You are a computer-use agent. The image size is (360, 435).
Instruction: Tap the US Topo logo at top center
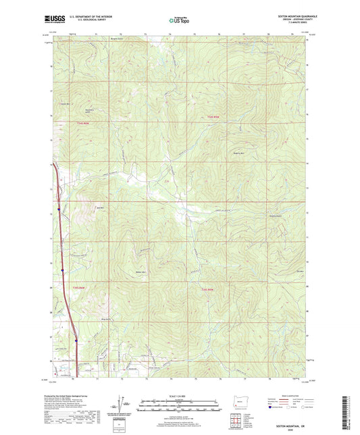click(180, 21)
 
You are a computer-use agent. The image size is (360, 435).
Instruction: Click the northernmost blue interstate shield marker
click(59, 209)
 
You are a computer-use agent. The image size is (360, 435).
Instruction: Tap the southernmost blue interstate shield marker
click(76, 341)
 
